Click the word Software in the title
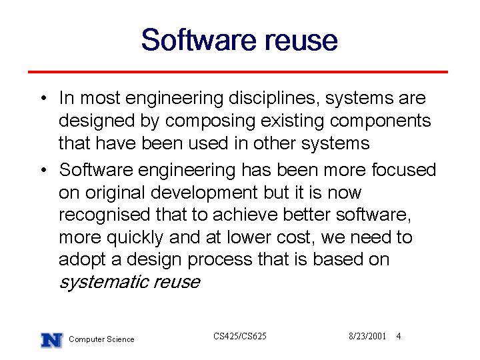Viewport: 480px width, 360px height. (x=199, y=39)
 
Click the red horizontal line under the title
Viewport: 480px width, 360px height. (x=238, y=72)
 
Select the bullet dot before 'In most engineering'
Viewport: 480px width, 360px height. (x=44, y=98)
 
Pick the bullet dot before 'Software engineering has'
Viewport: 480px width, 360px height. (x=44, y=170)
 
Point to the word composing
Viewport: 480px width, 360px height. (x=210, y=121)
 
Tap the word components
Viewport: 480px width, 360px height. (x=380, y=121)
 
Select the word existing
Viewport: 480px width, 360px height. (x=293, y=121)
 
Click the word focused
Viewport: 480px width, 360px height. (x=403, y=170)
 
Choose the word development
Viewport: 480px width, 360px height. (x=204, y=193)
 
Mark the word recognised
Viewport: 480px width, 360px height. (x=105, y=215)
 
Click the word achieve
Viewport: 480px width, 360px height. (x=245, y=215)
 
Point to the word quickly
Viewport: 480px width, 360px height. (x=135, y=238)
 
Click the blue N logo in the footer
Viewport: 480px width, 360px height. (x=52, y=340)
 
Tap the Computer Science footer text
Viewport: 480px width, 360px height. (x=101, y=339)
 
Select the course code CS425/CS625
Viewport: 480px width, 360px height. (x=240, y=336)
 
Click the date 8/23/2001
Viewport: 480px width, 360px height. (x=367, y=336)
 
